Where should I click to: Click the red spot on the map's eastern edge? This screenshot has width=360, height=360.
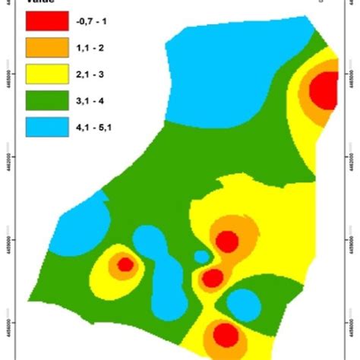coord(324,91)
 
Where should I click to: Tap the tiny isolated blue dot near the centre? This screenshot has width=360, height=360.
coord(201,257)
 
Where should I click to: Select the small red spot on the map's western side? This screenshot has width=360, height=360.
coord(125,264)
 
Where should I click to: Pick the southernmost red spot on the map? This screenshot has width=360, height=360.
coord(226,334)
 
